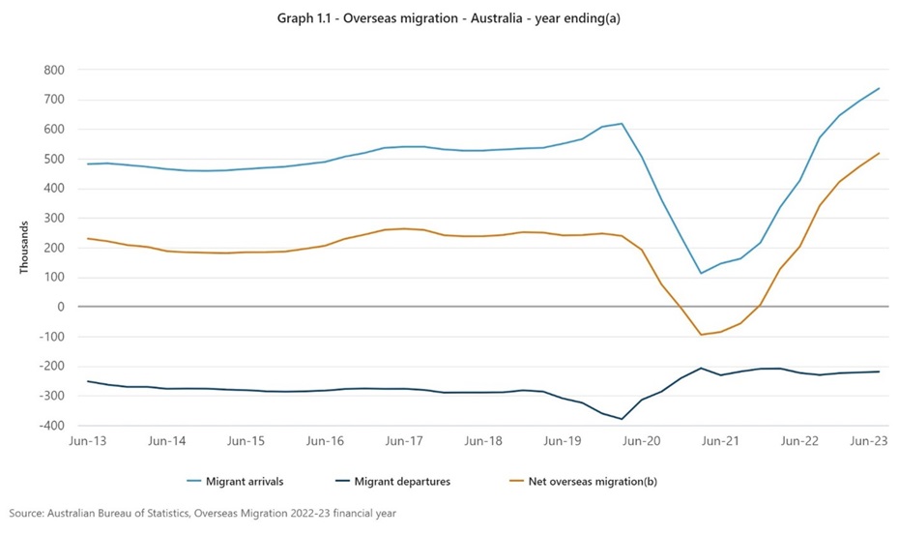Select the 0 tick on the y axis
(59, 307)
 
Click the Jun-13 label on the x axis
(88, 440)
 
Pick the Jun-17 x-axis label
(405, 440)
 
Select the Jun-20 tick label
(642, 440)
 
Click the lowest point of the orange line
(701, 335)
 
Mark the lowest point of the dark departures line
(622, 419)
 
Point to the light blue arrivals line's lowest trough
(701, 273)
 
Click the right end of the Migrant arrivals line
(879, 88)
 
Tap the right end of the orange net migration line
(879, 153)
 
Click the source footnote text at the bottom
(203, 514)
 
